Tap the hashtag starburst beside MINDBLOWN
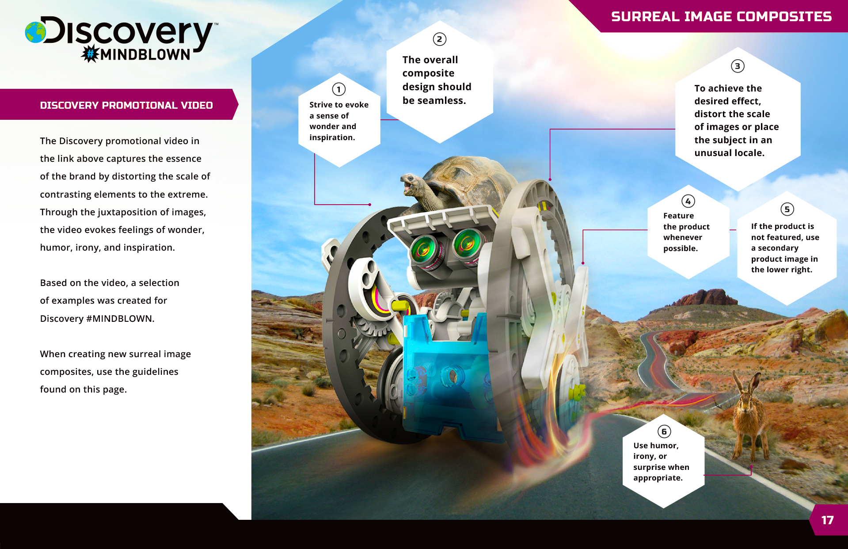[90, 54]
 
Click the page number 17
[827, 520]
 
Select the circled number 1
[339, 90]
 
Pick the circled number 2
[439, 39]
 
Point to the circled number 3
[737, 66]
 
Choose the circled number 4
[688, 202]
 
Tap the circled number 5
[787, 209]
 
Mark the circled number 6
[664, 432]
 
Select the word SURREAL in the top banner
[645, 17]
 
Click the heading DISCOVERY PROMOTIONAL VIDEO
[126, 105]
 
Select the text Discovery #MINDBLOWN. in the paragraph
[97, 319]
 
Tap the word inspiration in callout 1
[332, 137]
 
